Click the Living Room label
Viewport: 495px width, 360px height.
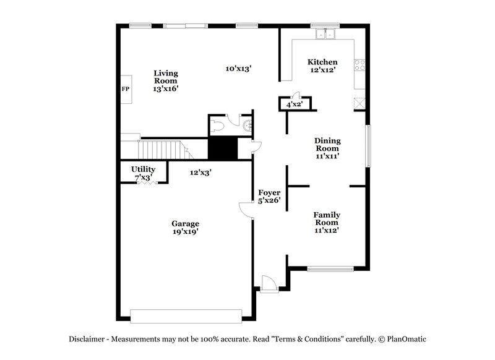pos(165,81)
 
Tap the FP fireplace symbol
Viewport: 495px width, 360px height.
pos(125,90)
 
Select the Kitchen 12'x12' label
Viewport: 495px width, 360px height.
pos(323,66)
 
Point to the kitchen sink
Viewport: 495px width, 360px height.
pos(324,34)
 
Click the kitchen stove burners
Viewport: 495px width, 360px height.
pos(358,65)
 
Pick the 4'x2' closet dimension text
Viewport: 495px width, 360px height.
pos(294,105)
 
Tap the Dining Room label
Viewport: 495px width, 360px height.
pos(327,148)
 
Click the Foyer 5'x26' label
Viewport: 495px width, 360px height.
pos(269,197)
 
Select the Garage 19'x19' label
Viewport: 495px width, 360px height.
pos(185,228)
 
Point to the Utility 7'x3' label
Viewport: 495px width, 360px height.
pos(143,173)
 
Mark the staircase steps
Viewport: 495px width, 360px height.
pos(161,149)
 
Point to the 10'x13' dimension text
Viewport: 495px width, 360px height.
pos(238,69)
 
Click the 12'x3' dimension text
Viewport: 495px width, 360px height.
pos(200,173)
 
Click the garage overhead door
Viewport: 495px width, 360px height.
pos(186,315)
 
